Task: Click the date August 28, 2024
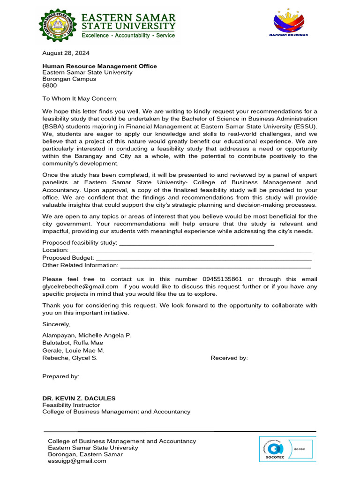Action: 66,53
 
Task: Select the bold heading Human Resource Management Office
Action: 99,66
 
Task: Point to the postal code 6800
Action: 49,86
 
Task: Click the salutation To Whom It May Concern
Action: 80,98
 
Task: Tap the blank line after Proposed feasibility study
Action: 197,243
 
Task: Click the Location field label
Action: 55,250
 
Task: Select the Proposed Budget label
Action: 68,258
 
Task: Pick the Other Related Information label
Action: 80,265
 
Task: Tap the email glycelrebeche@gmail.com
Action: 80,286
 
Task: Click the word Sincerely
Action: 56,324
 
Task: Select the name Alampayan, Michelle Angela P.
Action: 87,336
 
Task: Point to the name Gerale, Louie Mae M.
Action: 73,351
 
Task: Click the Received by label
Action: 229,358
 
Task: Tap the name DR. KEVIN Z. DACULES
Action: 79,398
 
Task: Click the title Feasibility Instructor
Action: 71,405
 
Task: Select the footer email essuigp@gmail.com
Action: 77,461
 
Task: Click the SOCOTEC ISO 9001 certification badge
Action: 288,450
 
